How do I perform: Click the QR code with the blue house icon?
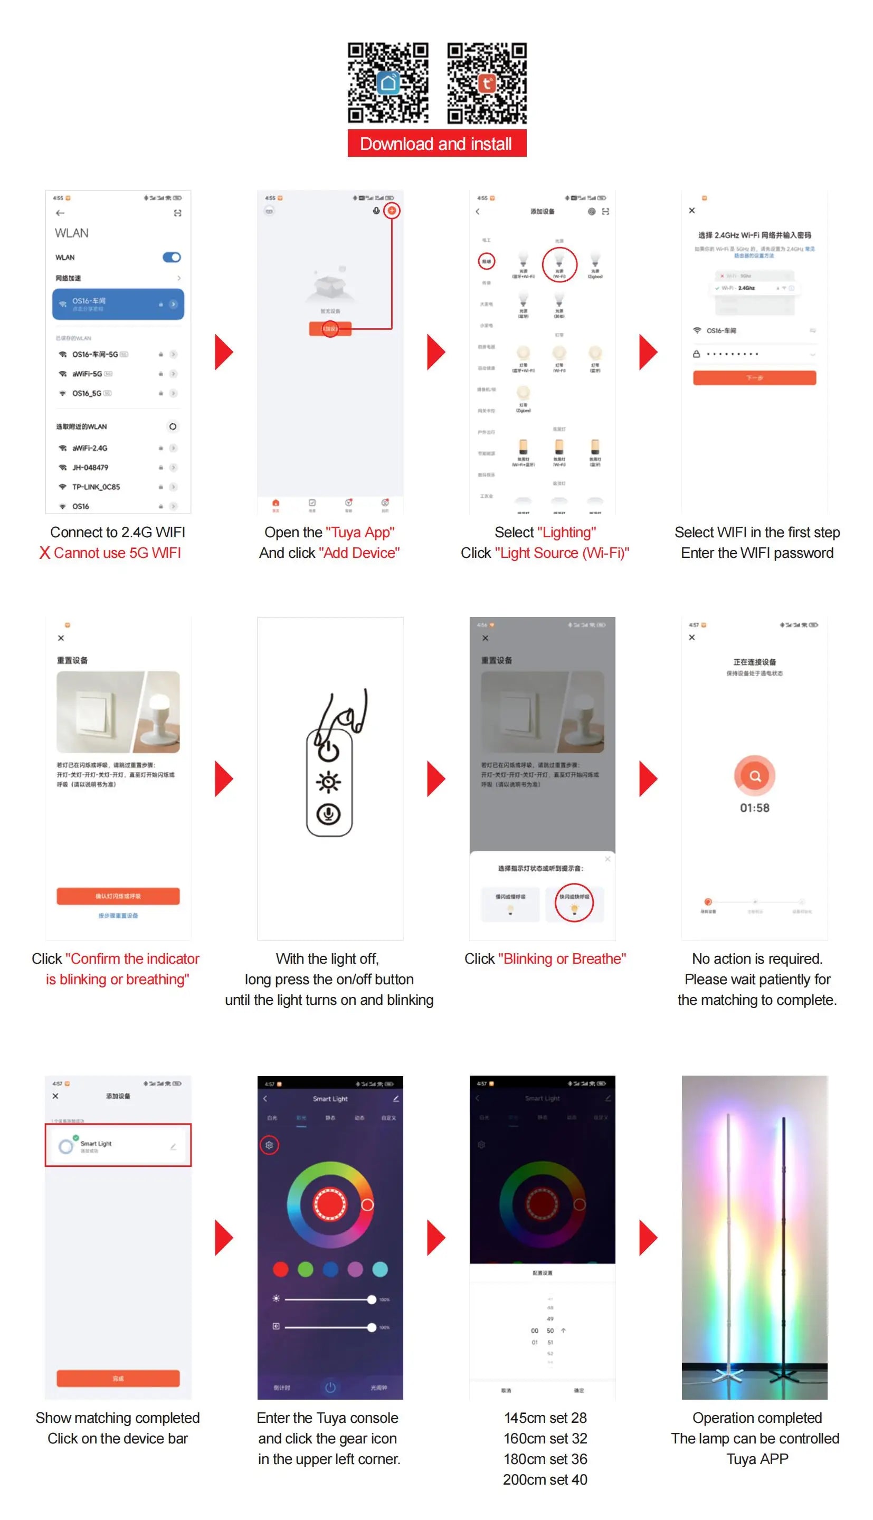pyautogui.click(x=388, y=83)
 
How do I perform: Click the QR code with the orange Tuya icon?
pyautogui.click(x=487, y=83)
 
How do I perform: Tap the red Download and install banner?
pyautogui.click(x=437, y=144)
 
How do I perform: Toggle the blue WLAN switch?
pyautogui.click(x=172, y=257)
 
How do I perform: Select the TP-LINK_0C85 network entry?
pyautogui.click(x=96, y=487)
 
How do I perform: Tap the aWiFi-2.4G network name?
pyautogui.click(x=90, y=448)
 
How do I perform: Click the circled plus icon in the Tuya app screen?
pyautogui.click(x=392, y=211)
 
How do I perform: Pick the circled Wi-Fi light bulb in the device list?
pyautogui.click(x=559, y=264)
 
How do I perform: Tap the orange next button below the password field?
pyautogui.click(x=754, y=377)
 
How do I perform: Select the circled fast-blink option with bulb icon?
pyautogui.click(x=574, y=902)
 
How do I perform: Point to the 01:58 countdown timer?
pyautogui.click(x=754, y=808)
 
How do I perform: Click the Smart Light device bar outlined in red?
pyautogui.click(x=118, y=1145)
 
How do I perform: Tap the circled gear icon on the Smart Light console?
pyautogui.click(x=269, y=1145)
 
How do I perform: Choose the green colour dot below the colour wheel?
pyautogui.click(x=305, y=1269)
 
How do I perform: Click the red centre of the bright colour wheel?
pyautogui.click(x=330, y=1204)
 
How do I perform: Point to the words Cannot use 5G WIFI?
pyautogui.click(x=117, y=553)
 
